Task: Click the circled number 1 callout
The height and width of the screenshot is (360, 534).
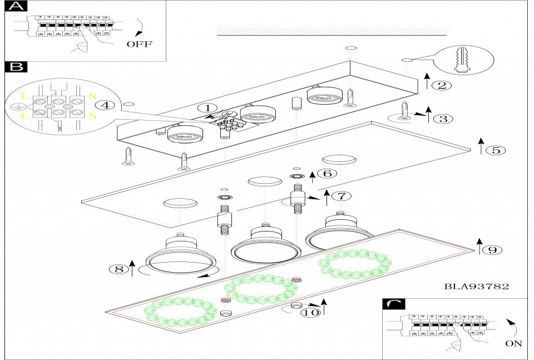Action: (x=207, y=107)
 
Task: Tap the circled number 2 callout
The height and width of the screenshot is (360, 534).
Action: (x=441, y=85)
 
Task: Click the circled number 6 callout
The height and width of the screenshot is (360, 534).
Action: (x=328, y=173)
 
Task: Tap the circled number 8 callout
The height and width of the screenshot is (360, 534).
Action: (x=117, y=269)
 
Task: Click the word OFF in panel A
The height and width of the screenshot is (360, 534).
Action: (x=139, y=45)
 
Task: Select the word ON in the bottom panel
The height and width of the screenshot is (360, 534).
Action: (x=513, y=343)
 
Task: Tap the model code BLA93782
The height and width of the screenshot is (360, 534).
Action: (x=477, y=287)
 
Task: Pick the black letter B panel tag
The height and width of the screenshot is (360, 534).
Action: (x=17, y=67)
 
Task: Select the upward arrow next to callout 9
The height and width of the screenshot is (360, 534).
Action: (x=479, y=246)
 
